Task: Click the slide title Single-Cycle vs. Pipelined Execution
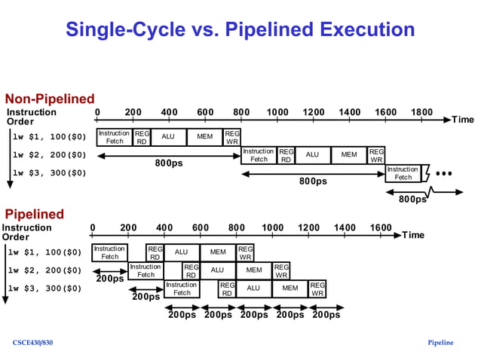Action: click(240, 29)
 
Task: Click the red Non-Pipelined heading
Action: click(50, 99)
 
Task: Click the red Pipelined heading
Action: click(35, 214)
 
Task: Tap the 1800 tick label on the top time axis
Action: click(421, 112)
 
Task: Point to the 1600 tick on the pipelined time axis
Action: click(381, 227)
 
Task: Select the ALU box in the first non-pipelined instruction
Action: click(168, 137)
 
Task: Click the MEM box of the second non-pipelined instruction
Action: click(348, 155)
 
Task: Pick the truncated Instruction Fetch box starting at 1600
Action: click(403, 173)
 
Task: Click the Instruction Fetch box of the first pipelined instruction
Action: click(109, 252)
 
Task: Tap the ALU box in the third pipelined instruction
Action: click(253, 288)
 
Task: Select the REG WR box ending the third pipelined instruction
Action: click(317, 288)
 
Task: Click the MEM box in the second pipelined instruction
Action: click(254, 270)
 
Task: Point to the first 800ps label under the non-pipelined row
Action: click(169, 163)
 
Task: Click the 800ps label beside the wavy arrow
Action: click(412, 200)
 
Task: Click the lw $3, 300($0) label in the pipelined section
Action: click(44, 288)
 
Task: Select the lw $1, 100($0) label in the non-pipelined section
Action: click(49, 137)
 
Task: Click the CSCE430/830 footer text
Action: click(32, 343)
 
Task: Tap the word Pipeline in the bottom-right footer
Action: click(440, 343)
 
